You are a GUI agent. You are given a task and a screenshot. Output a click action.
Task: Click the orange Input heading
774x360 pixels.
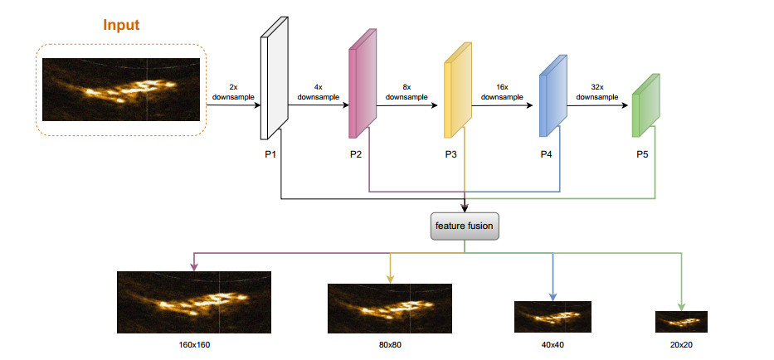121,25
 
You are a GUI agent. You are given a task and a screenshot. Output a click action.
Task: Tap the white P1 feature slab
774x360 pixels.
274,79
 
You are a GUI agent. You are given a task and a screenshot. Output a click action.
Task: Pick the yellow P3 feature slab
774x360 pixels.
458,90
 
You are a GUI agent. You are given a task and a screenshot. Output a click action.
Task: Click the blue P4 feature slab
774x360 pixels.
553,95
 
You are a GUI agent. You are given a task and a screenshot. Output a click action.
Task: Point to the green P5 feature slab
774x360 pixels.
646,105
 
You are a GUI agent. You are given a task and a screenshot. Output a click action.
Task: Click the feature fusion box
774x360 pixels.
464,226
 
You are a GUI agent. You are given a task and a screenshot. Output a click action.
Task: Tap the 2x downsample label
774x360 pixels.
233,92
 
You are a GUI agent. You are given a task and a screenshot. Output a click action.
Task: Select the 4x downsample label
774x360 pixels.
319,92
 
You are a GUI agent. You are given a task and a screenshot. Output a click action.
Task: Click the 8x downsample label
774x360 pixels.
406,92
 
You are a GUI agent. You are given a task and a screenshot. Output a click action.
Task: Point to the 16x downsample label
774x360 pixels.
502,92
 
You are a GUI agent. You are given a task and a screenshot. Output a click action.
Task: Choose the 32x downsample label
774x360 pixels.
597,92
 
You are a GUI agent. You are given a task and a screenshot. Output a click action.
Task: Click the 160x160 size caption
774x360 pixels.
194,345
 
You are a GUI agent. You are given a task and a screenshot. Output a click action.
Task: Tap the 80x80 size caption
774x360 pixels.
390,345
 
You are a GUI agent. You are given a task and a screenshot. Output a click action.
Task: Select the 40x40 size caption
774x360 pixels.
553,345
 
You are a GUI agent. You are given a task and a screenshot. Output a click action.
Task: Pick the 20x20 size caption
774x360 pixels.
681,345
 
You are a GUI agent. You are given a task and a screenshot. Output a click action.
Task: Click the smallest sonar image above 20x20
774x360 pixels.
681,322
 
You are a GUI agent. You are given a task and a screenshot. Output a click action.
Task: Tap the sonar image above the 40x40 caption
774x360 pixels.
553,317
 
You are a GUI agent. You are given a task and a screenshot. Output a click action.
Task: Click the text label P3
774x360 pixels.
450,154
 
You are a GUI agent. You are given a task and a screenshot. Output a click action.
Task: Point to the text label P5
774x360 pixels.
642,154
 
